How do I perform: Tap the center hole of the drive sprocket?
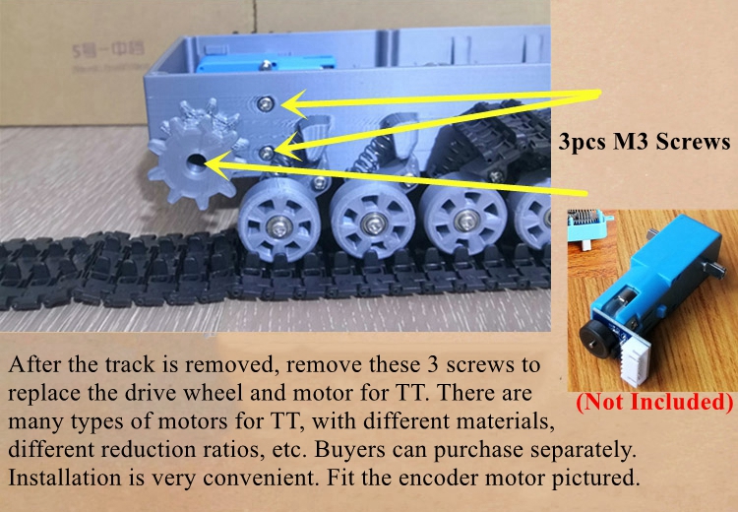tap(195, 164)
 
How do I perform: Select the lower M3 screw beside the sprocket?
tap(267, 153)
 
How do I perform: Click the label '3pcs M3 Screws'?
tap(644, 142)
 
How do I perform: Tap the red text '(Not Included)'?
tap(654, 403)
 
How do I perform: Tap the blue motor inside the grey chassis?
tap(266, 64)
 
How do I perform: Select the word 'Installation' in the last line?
tap(65, 478)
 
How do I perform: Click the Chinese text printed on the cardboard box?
tap(108, 49)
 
